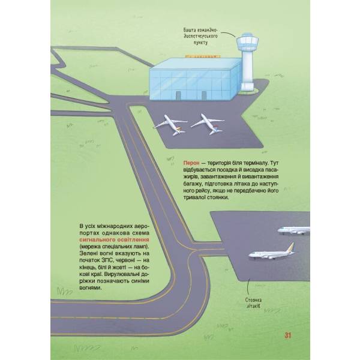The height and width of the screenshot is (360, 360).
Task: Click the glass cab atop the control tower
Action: tap(247, 42)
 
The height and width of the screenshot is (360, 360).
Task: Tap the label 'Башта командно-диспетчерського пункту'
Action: tap(200, 36)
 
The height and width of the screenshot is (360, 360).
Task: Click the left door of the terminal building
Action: tap(178, 95)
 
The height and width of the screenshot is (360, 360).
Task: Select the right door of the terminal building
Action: tap(204, 95)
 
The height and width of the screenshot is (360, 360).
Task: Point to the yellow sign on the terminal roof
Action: tap(203, 56)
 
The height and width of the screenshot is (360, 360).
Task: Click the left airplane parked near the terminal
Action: tap(170, 125)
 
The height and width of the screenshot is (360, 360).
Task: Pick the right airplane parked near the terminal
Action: tap(208, 124)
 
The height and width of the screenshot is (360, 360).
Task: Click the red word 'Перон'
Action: tap(191, 163)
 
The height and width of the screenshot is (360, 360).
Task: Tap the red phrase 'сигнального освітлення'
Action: tap(115, 240)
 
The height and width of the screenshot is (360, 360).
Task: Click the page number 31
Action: tap(287, 335)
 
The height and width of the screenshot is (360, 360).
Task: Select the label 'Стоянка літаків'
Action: tap(253, 303)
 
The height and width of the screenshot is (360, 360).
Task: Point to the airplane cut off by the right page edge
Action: tap(293, 230)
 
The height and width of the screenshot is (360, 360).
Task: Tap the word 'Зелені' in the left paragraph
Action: tap(88, 253)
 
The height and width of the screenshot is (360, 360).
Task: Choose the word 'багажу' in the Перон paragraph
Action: tap(193, 184)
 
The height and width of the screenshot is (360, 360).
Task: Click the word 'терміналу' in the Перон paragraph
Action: tap(256, 163)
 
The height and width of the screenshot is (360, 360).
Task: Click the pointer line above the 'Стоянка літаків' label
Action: tap(248, 288)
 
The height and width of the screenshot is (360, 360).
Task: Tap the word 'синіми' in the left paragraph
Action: tap(140, 281)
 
